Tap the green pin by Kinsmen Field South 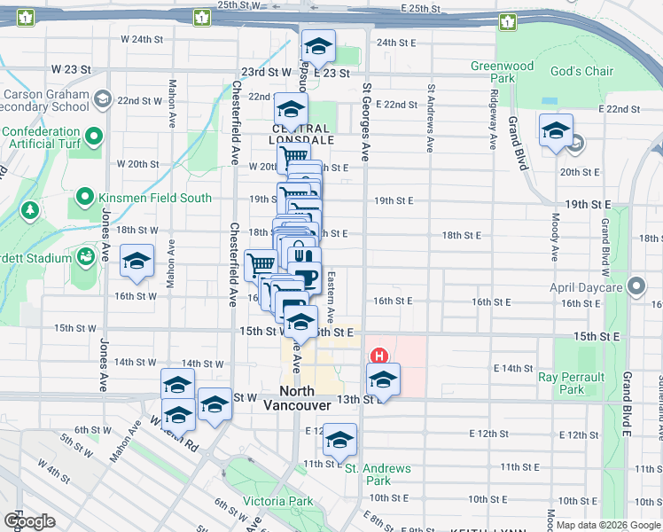point(85,197)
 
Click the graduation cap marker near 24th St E point(317,47)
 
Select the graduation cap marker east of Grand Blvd point(556,130)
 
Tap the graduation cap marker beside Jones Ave point(136,262)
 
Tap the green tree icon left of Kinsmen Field point(30,209)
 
